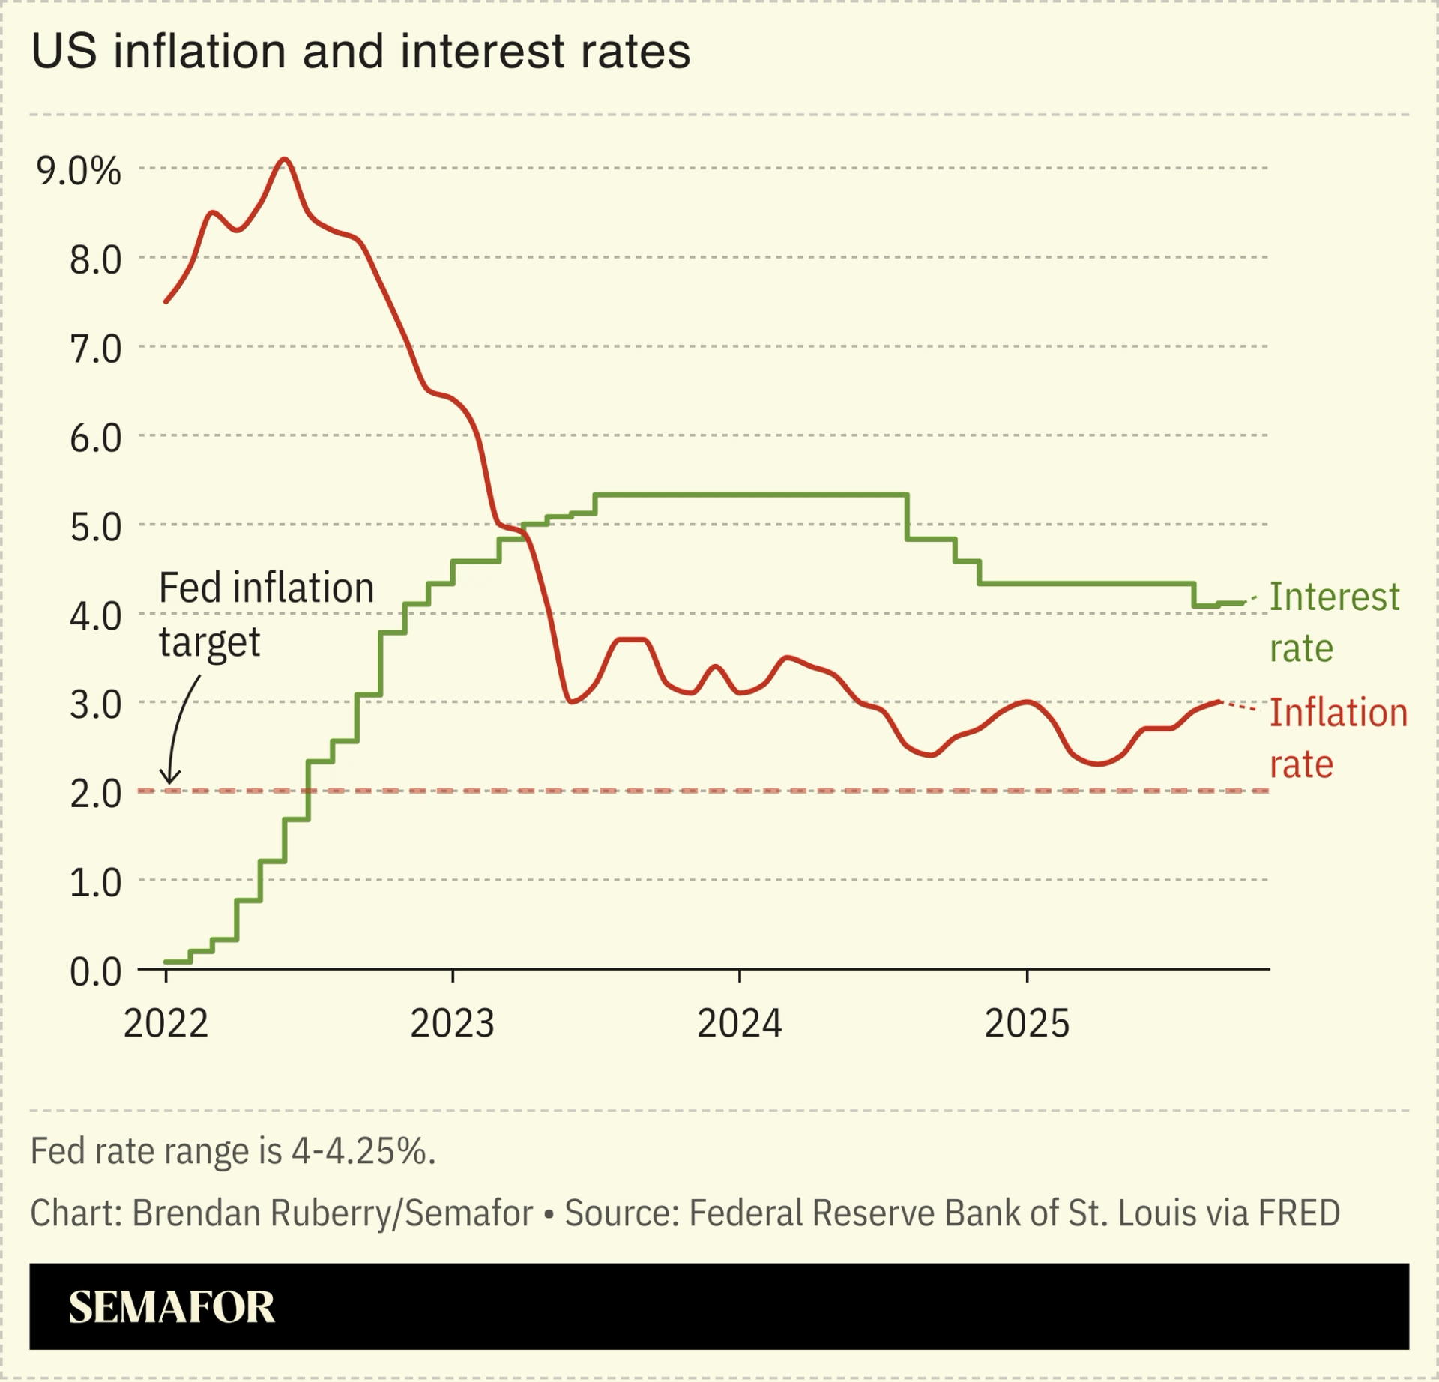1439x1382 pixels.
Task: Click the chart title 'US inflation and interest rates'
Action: (360, 52)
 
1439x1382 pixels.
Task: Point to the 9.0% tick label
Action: (79, 172)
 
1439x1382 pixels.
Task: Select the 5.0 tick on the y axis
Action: (95, 528)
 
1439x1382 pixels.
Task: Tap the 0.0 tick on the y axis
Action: (95, 972)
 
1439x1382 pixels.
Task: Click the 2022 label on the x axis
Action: (166, 1024)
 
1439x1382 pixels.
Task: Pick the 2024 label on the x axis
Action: (740, 1024)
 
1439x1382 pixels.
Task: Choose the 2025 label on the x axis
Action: (1027, 1024)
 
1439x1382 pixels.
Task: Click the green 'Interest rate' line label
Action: (1334, 623)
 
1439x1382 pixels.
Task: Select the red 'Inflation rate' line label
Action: (1338, 738)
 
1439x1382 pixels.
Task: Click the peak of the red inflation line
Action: (284, 160)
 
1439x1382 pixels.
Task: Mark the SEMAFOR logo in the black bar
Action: (172, 1307)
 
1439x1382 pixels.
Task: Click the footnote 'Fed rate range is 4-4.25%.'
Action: (233, 1151)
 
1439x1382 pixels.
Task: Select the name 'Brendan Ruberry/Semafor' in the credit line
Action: (333, 1213)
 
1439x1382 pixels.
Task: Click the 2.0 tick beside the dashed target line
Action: (95, 794)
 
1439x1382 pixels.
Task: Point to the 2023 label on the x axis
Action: (453, 1024)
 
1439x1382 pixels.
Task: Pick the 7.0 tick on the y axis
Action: (95, 349)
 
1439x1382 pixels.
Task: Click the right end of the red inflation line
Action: (1219, 701)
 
